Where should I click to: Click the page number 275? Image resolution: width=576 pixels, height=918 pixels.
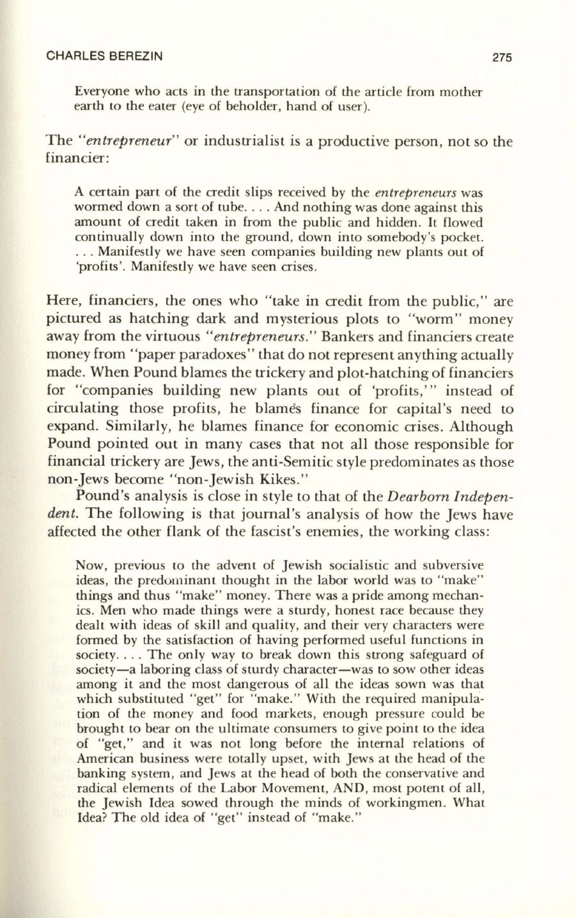[x=502, y=57]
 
